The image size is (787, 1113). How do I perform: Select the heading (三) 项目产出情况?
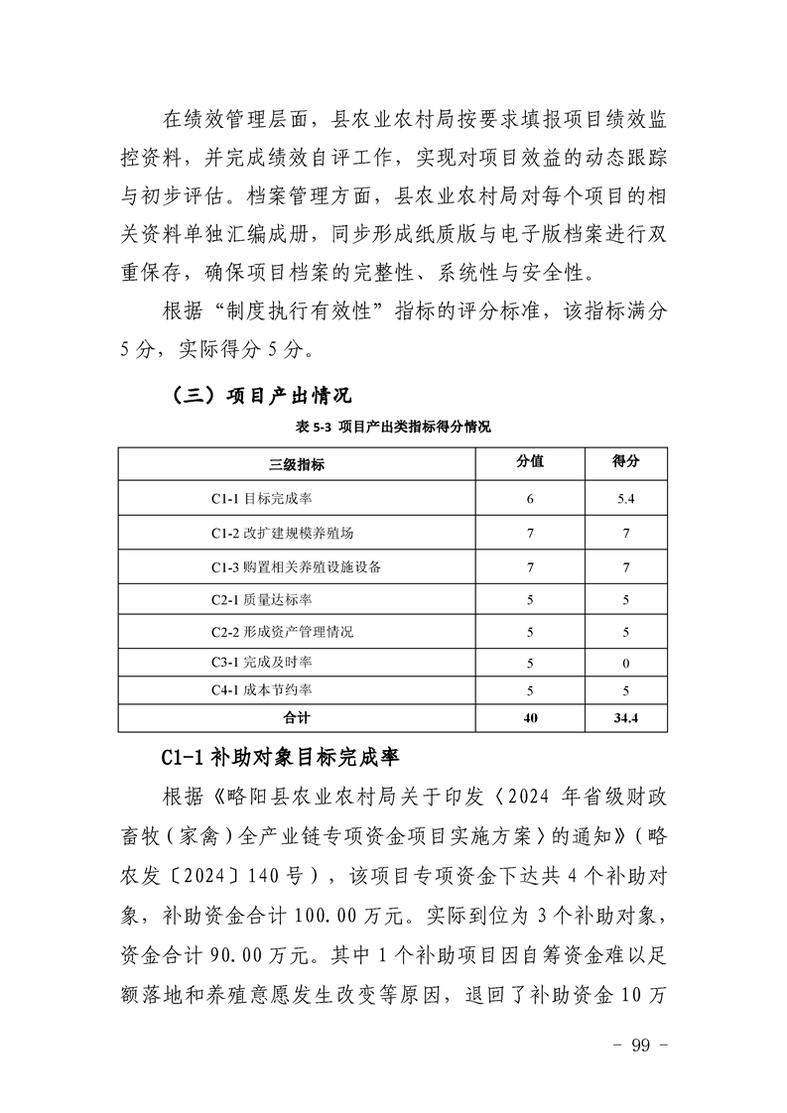[262, 397]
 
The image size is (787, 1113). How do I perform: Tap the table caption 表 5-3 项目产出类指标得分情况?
[393, 428]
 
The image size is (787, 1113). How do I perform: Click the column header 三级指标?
[297, 463]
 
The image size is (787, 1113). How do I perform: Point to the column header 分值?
[530, 462]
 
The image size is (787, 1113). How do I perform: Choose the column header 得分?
[625, 462]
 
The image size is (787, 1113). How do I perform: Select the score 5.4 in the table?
[625, 498]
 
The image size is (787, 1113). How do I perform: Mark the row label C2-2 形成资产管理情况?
[282, 632]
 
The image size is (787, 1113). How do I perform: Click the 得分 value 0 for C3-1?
[625, 662]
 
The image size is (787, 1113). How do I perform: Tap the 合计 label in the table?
[297, 717]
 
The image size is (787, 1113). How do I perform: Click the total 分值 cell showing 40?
[530, 717]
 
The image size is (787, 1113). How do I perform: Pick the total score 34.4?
[625, 717]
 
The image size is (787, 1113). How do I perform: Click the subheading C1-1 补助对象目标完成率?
[279, 759]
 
